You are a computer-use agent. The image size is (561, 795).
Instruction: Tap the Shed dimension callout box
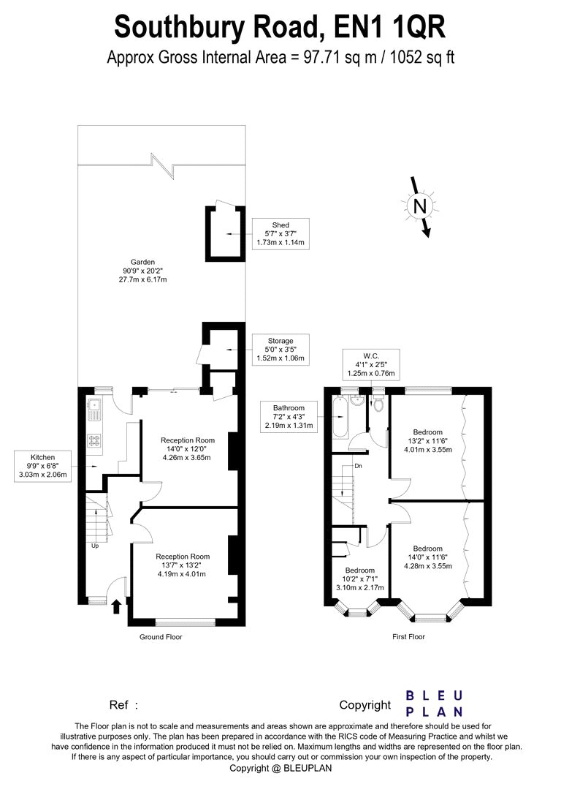(x=280, y=233)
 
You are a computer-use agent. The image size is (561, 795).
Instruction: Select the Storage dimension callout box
(x=280, y=350)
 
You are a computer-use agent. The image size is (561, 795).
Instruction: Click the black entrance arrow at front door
(x=116, y=606)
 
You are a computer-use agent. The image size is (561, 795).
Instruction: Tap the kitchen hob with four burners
(x=94, y=440)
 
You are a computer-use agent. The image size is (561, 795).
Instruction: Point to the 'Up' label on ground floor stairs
(x=95, y=546)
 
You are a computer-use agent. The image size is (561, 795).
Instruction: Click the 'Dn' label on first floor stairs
(x=357, y=465)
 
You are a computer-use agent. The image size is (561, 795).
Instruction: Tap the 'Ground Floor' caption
(x=161, y=637)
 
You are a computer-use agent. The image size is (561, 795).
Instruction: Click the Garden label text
(x=143, y=263)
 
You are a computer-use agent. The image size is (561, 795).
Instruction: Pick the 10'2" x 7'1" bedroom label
(x=359, y=579)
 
